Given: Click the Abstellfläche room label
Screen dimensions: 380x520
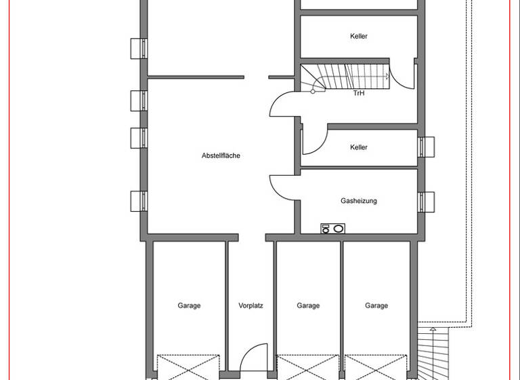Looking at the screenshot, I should coord(221,155).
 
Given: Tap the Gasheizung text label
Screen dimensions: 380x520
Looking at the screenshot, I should coord(359,201).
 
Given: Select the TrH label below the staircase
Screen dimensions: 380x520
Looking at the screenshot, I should coord(359,94).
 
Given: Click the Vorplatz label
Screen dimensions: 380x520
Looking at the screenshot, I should coord(251,306).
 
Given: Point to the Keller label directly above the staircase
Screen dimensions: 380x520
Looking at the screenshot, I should coord(359,36).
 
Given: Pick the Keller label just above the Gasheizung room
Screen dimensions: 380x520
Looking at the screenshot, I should coord(359,147).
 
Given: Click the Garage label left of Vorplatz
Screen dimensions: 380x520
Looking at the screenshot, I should coord(189,306).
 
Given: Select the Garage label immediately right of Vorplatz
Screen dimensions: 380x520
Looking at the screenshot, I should coord(308,306).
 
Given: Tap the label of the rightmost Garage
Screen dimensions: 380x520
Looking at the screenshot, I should coord(376,306).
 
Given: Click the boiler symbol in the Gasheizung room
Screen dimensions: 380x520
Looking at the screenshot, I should coord(332,229).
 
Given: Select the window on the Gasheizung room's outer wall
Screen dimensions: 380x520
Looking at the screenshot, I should coord(426,202).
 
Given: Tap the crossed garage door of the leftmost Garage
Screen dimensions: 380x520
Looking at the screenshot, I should coord(189,366).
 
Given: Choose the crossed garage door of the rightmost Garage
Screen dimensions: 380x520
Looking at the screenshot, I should coord(376,366).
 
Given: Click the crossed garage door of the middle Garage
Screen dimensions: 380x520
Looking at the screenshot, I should coord(308,366).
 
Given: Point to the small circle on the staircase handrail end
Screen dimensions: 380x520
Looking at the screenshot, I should coord(313,91).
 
